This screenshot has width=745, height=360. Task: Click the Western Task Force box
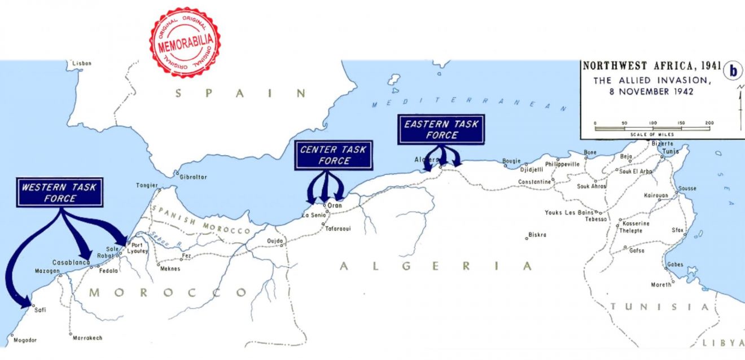[x=60, y=193]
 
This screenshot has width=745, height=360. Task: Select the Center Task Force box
[x=333, y=155]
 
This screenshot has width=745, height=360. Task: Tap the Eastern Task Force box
[x=442, y=130]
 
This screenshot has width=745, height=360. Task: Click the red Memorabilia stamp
[x=185, y=42]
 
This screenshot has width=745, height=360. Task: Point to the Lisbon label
[x=81, y=64]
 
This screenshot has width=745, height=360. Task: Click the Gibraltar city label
[x=193, y=177]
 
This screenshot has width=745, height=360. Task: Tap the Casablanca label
[x=71, y=263]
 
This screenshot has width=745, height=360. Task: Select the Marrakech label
[x=87, y=338]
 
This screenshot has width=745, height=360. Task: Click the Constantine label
[x=534, y=182]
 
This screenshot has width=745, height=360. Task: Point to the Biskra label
[x=537, y=235]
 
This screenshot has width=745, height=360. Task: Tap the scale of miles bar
[x=652, y=128]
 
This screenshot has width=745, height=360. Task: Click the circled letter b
[x=733, y=71]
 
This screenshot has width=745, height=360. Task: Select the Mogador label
[x=25, y=340]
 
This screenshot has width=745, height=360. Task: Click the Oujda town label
[x=274, y=241]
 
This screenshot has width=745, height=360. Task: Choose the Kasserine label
[x=637, y=223]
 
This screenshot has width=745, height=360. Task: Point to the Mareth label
[x=661, y=284]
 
